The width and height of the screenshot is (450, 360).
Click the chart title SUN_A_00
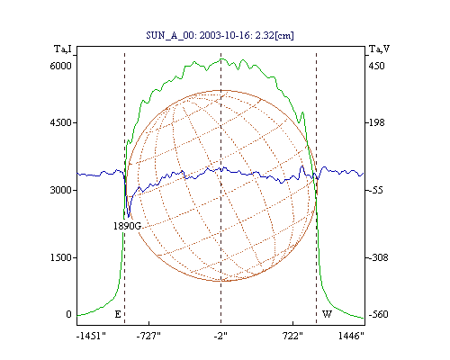click(x=170, y=35)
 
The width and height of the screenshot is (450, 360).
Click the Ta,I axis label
click(x=63, y=49)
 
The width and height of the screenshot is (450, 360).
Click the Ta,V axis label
click(x=379, y=49)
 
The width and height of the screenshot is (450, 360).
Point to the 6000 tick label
click(x=60, y=66)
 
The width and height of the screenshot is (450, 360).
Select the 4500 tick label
click(x=60, y=122)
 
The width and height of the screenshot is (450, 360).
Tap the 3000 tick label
click(x=60, y=190)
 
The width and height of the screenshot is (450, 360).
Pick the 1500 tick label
click(x=60, y=257)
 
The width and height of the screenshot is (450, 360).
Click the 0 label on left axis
click(x=68, y=314)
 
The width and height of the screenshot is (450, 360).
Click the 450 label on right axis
click(x=376, y=66)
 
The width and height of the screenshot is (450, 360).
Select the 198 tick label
click(x=376, y=122)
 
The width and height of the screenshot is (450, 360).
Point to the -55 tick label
click(x=376, y=190)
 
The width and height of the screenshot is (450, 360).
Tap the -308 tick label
click(x=378, y=257)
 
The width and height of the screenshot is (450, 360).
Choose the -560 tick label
click(x=378, y=314)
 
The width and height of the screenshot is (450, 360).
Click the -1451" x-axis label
click(x=91, y=336)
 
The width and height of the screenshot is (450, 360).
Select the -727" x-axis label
click(x=148, y=336)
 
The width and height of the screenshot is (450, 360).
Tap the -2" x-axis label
click(x=220, y=336)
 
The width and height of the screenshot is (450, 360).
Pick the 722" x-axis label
click(x=292, y=336)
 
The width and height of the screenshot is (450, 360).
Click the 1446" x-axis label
click(x=351, y=336)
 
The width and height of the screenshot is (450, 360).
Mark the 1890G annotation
click(x=127, y=226)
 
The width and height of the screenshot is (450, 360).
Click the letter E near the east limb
click(x=118, y=314)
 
